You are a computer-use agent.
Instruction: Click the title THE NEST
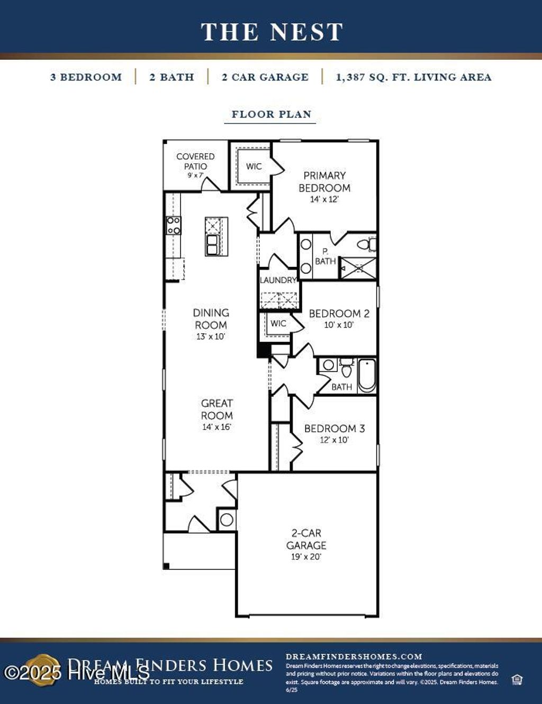[272, 32]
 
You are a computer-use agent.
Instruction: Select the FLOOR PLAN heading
[271, 114]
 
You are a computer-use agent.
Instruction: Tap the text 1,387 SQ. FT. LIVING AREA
[413, 77]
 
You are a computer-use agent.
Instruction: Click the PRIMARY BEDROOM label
[324, 182]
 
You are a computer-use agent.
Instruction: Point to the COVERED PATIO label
[195, 161]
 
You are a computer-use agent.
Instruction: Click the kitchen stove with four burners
[174, 225]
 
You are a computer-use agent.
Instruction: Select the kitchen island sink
[213, 245]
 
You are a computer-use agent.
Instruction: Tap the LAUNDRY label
[278, 280]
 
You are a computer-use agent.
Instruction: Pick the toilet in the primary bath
[365, 244]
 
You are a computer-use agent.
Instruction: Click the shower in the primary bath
[358, 268]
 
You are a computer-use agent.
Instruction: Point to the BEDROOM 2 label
[339, 314]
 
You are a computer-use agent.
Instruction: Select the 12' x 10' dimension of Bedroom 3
[334, 440]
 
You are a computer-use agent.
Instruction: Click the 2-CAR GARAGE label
[306, 539]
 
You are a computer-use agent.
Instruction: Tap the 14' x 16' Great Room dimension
[216, 427]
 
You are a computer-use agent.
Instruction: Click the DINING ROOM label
[211, 319]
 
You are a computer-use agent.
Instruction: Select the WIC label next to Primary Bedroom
[254, 166]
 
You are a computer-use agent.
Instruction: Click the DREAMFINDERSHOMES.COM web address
[354, 656]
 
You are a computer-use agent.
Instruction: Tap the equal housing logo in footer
[517, 680]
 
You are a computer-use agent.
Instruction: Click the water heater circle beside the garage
[227, 520]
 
